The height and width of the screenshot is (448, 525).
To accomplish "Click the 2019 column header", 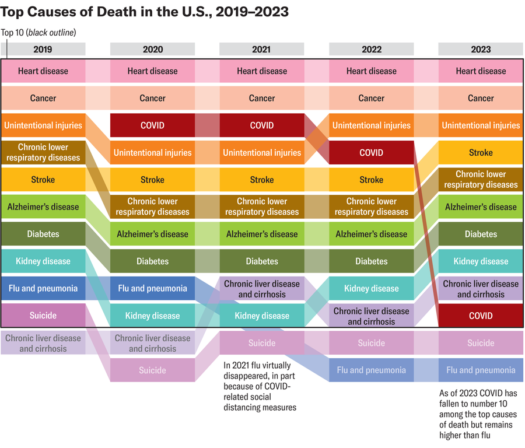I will click(43, 49).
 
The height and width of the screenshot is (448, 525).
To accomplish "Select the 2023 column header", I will click(481, 49).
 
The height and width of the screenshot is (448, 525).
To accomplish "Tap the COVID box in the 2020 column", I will click(152, 125).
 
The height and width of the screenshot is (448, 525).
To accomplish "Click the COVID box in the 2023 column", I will click(481, 316).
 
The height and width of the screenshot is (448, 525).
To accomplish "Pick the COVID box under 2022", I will click(371, 153).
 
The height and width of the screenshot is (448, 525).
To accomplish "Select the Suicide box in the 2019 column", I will click(43, 316).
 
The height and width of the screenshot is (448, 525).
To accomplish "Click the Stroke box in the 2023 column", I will click(481, 153).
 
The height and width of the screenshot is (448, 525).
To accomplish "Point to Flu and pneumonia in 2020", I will click(152, 288).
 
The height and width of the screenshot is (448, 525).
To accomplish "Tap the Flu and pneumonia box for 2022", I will click(371, 370).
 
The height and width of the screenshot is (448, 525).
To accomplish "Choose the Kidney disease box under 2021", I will click(261, 316).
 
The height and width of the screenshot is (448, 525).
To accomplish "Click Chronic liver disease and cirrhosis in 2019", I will click(43, 343).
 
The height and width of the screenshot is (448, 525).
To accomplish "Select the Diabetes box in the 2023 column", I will click(481, 234).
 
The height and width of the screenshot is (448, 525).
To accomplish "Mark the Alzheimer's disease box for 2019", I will click(43, 206).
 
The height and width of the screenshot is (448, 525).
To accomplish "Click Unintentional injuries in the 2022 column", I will click(371, 125).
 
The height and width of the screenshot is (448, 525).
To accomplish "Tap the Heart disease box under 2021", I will click(261, 71).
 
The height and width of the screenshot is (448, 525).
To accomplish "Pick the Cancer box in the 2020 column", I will click(152, 98).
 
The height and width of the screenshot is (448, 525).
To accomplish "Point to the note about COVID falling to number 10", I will click(478, 414).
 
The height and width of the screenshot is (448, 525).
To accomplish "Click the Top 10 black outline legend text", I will click(38, 32).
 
